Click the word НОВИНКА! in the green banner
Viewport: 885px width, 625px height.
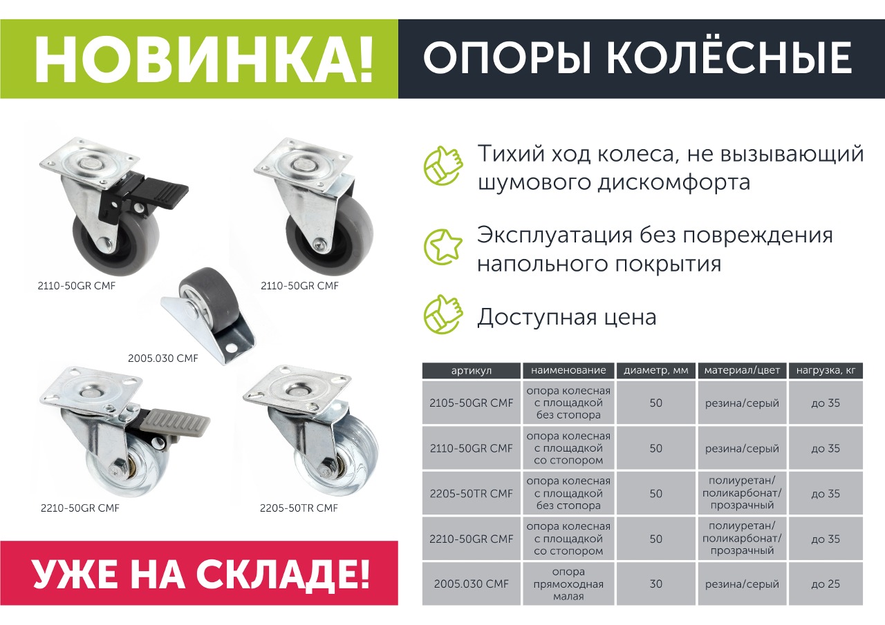coord(203,59)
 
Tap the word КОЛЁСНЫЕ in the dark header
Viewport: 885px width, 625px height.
coord(729,58)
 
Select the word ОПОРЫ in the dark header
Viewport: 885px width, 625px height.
coord(507,58)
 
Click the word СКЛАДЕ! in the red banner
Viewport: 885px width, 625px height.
coord(283,573)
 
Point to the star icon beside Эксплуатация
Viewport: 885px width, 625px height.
coord(443,247)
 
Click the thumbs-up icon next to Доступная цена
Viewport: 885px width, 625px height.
coord(443,314)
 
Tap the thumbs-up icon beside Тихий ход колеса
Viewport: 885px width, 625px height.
coord(443,166)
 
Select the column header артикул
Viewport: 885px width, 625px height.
coord(472,370)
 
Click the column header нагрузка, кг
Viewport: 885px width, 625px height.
coord(826,370)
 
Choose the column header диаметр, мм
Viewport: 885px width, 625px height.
coord(656,370)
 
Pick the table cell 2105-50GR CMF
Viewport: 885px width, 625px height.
coord(472,403)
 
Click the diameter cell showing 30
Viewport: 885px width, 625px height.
coord(656,584)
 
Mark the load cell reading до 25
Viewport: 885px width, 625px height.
coord(826,584)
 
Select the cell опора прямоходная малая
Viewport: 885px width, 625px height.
coord(568,584)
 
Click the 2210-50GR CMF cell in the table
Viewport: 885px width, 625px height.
coord(472,539)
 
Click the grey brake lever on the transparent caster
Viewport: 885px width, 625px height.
coord(174,423)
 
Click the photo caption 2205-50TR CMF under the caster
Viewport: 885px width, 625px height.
coord(299,508)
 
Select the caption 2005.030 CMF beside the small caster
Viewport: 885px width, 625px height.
coord(162,358)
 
